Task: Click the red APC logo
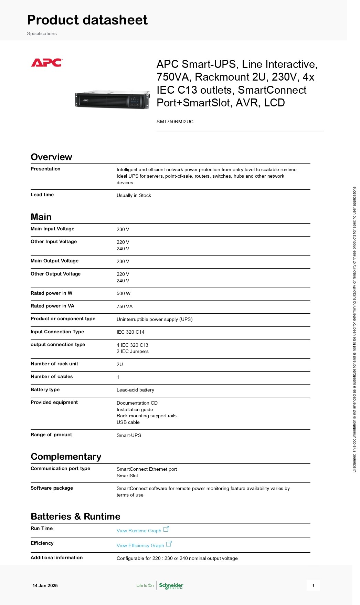46,63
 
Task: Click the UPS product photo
113,100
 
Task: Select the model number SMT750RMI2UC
175,122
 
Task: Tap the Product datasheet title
87,20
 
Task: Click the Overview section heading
51,157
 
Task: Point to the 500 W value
124,294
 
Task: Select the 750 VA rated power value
125,306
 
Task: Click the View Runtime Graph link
139,531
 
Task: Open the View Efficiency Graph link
140,545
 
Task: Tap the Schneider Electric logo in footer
171,586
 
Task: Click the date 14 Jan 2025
45,585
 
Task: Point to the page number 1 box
313,585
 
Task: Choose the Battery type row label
45,389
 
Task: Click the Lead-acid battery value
135,390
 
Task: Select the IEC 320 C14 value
130,332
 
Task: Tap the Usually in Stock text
134,195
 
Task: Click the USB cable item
128,422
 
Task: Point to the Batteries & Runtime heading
75,517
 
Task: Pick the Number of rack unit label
54,364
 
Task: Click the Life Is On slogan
145,585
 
